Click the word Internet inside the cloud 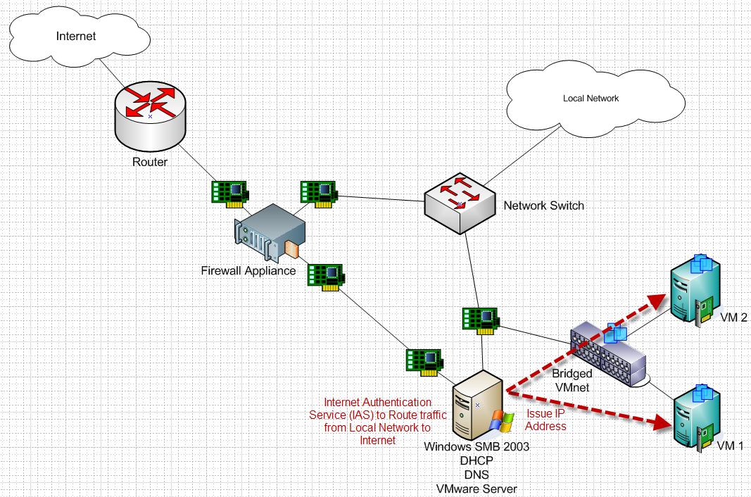click(x=75, y=35)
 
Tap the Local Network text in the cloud click(x=591, y=99)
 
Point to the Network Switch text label click(x=543, y=206)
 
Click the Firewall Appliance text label click(x=248, y=270)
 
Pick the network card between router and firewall click(x=230, y=193)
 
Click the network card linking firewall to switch click(x=319, y=193)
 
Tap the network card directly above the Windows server click(x=481, y=320)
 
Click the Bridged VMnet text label click(x=572, y=379)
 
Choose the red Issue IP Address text click(x=545, y=420)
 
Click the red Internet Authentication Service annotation click(x=370, y=421)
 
